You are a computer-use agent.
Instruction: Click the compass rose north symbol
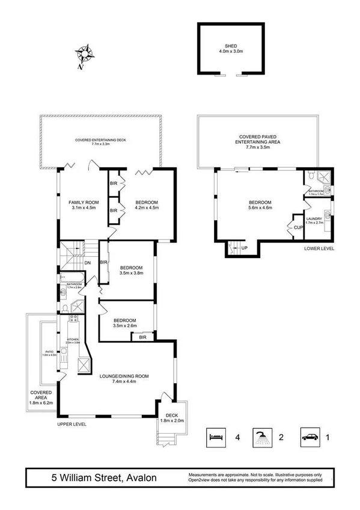coord(85,55)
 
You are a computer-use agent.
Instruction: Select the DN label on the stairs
coord(87,263)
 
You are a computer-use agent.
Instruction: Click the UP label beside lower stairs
coord(243,247)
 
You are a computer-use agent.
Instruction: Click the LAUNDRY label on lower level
coord(314,220)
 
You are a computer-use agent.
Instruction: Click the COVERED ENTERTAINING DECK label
coord(100,140)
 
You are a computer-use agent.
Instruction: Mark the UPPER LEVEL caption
coord(72,424)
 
